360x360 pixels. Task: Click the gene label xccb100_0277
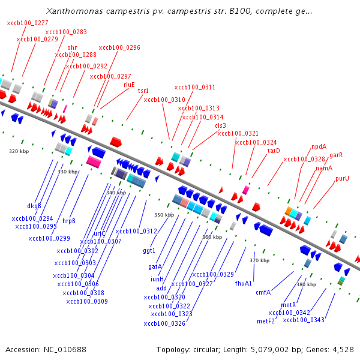click(28, 23)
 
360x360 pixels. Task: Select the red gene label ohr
click(72, 47)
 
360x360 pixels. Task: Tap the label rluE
click(129, 85)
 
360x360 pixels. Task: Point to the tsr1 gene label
click(143, 91)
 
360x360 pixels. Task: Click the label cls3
click(220, 125)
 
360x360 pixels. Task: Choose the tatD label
click(274, 151)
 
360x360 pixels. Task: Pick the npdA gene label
click(319, 146)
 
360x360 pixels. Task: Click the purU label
click(342, 178)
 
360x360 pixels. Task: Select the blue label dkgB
click(34, 206)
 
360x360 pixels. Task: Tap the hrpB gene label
click(69, 220)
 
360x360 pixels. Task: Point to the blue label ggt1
click(149, 250)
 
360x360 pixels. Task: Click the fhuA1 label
click(243, 283)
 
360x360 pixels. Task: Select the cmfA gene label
click(263, 292)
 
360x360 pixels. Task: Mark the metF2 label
click(266, 321)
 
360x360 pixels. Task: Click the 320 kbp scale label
click(19, 151)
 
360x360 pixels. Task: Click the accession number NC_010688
click(64, 349)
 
